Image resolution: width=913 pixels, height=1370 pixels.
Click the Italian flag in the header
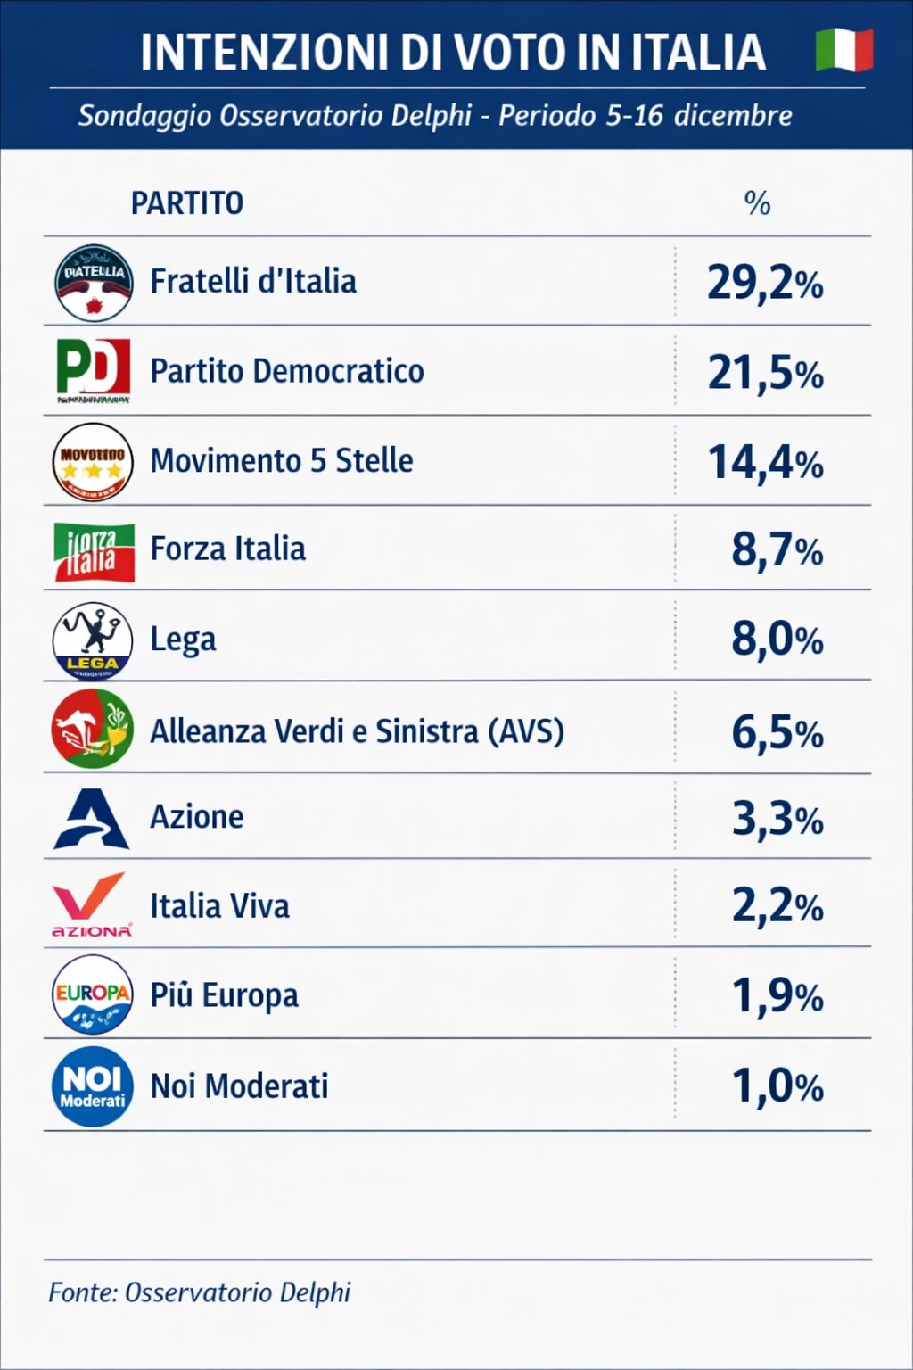click(x=843, y=50)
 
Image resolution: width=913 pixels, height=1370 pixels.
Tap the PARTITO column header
click(x=186, y=203)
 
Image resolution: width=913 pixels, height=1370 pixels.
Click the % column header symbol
click(x=757, y=203)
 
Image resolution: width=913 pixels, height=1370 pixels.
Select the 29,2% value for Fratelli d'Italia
click(x=765, y=283)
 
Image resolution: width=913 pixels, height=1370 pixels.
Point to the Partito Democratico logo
click(x=93, y=369)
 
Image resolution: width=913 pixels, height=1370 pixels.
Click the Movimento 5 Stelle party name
click(x=282, y=460)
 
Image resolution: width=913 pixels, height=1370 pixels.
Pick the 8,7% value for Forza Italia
click(x=777, y=549)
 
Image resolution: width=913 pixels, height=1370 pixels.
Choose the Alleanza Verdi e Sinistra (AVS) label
click(x=357, y=731)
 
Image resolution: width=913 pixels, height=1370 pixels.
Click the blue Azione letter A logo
click(x=92, y=818)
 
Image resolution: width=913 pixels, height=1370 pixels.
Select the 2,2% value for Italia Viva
click(x=777, y=906)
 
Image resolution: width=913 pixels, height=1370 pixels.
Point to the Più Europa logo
click(x=93, y=994)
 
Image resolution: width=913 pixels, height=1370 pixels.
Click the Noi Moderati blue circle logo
click(x=93, y=1086)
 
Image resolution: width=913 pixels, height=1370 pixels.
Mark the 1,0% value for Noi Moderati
click(x=777, y=1086)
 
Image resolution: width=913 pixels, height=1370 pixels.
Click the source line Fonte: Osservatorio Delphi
click(x=200, y=1292)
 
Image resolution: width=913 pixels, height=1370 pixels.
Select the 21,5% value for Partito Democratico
click(x=765, y=372)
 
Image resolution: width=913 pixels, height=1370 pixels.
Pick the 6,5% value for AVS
click(x=777, y=732)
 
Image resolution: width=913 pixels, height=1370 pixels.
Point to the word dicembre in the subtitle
click(x=733, y=116)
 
